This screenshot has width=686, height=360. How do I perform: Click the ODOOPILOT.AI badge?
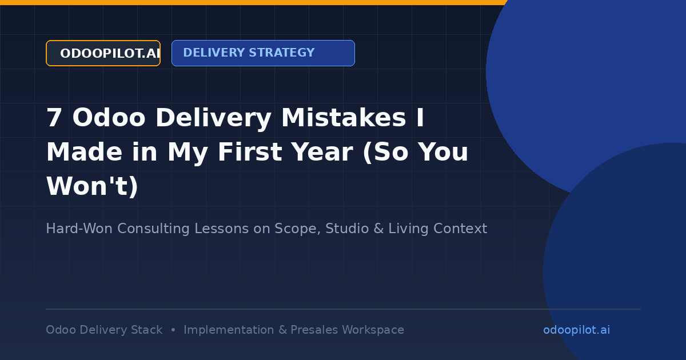103,53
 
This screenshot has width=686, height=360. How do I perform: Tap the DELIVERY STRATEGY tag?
263,53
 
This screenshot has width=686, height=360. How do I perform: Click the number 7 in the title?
54,118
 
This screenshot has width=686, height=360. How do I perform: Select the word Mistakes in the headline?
344,118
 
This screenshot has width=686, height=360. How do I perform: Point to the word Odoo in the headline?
109,118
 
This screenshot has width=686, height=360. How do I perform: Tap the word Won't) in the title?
92,186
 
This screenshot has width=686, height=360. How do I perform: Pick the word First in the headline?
250,152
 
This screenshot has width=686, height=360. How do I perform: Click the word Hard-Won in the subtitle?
79,229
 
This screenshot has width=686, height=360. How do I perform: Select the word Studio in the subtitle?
347,229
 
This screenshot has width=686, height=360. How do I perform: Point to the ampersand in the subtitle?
378,229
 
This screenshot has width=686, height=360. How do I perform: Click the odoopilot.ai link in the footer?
576,330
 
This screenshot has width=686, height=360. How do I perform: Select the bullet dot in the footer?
173,330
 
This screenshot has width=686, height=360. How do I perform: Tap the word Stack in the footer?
147,330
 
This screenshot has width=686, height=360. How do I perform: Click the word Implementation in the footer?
229,330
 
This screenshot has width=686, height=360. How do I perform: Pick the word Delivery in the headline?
213,118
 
